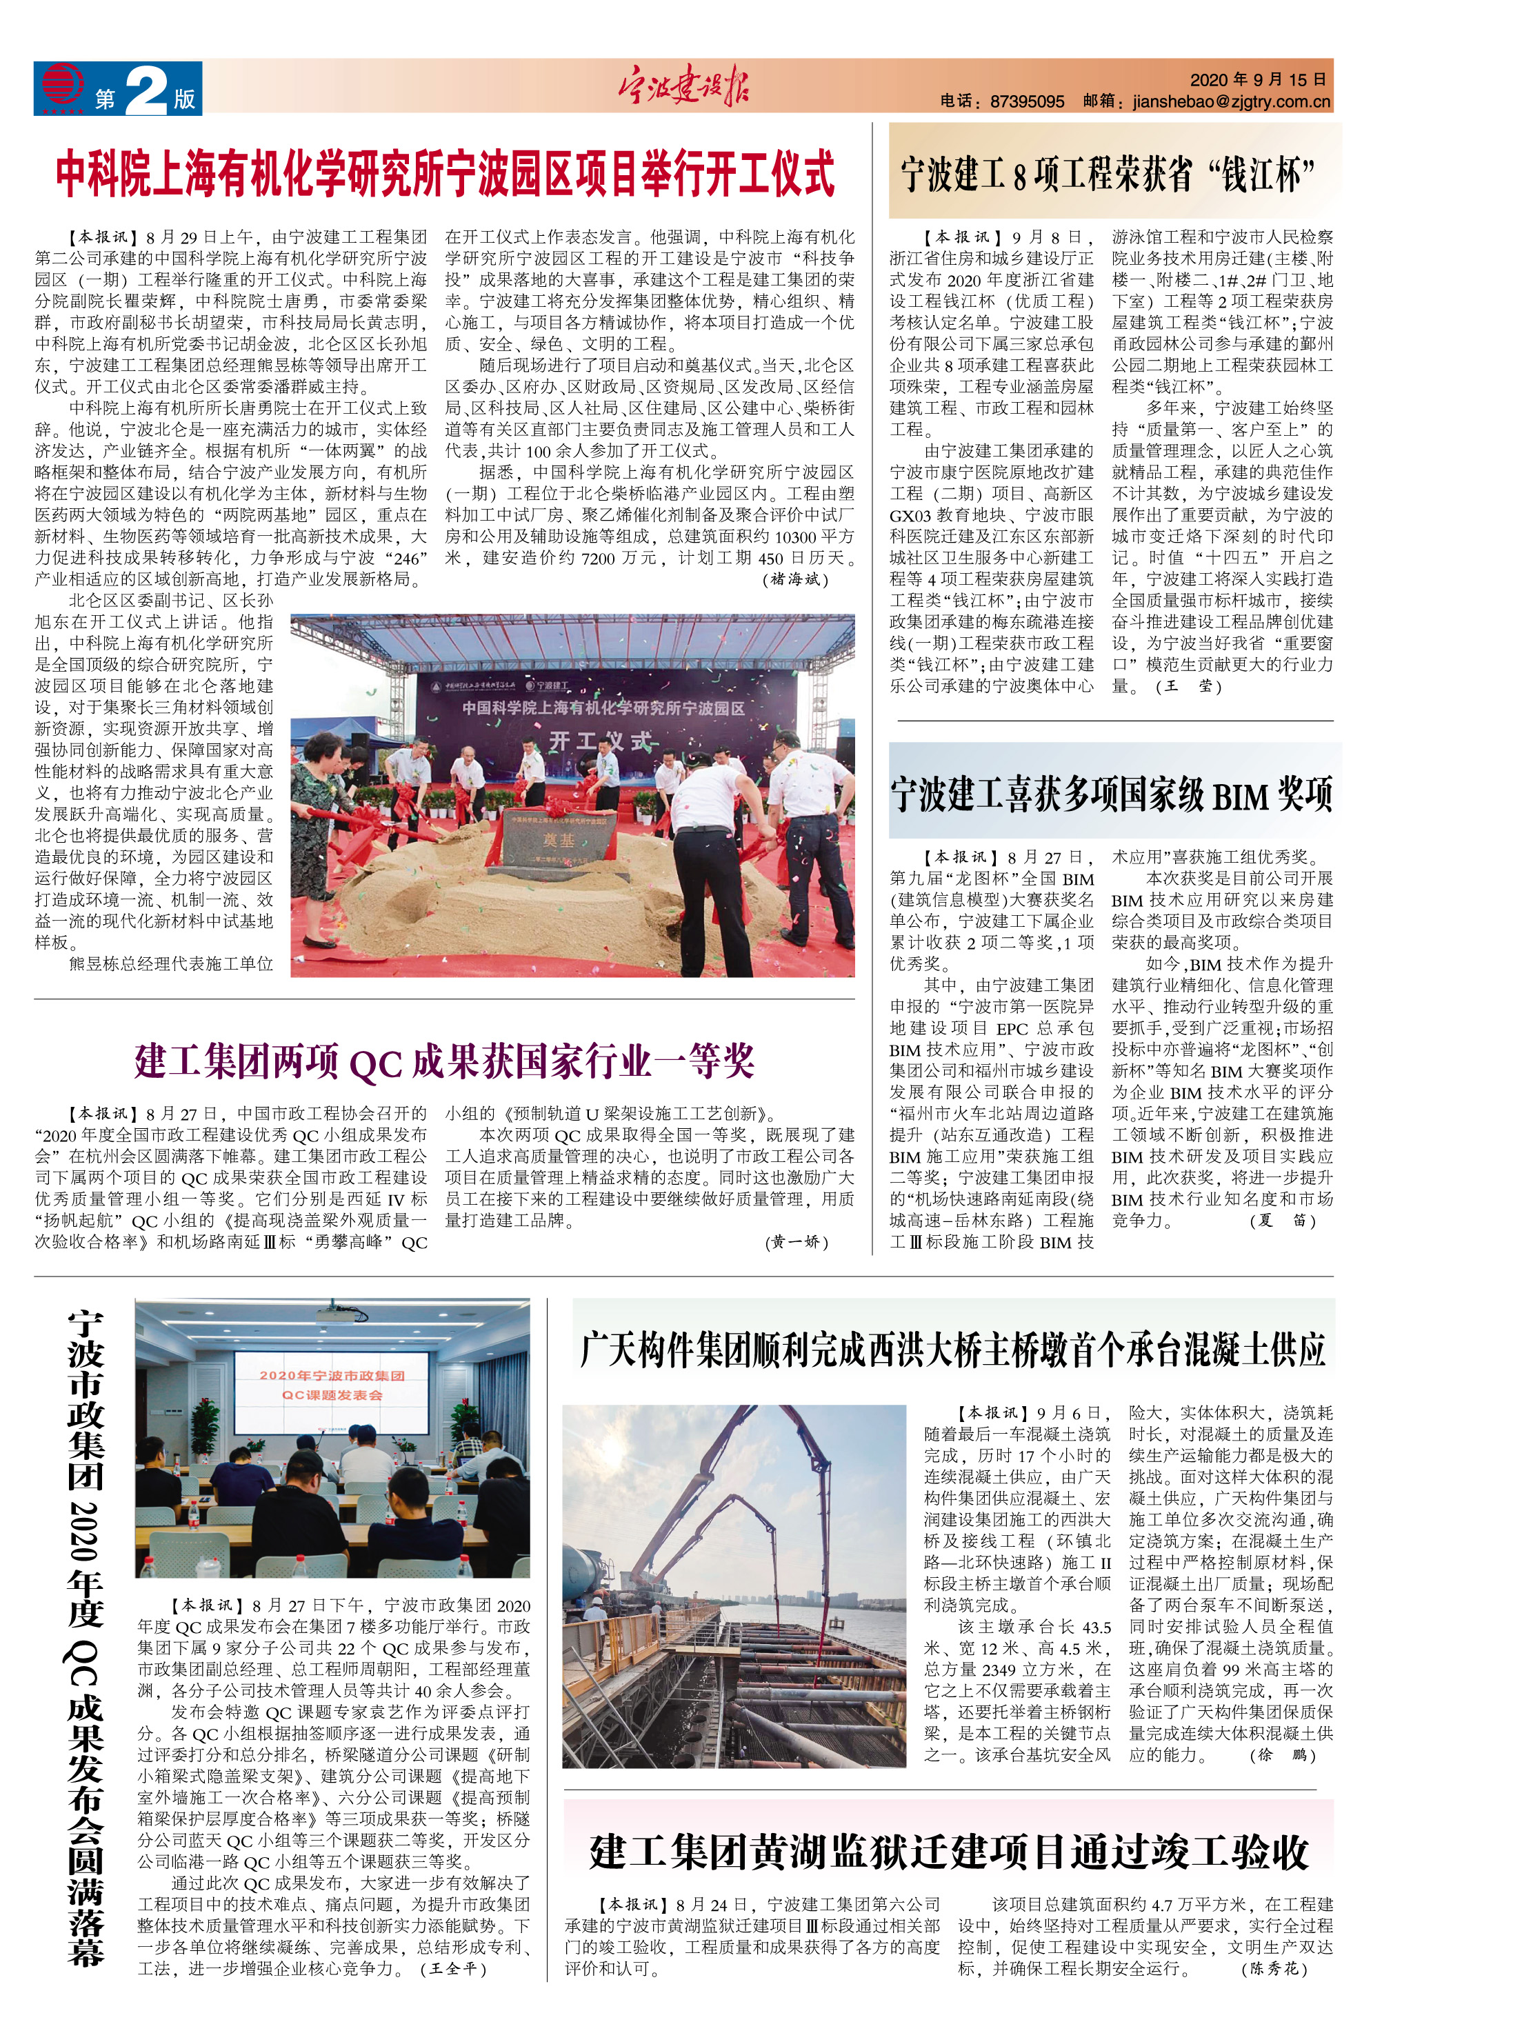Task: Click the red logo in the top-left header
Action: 62,88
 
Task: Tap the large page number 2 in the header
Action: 146,92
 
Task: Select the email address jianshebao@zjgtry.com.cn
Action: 1230,101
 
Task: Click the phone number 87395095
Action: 1027,101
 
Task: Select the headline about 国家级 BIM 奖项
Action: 1111,794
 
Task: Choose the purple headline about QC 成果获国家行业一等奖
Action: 444,1061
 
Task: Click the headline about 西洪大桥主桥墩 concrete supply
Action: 952,1349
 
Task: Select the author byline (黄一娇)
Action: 797,1242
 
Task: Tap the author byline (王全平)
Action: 454,1968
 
